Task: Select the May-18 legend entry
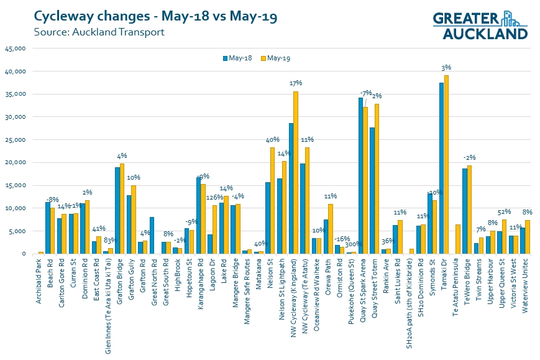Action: click(x=236, y=58)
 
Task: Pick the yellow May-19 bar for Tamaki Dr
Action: click(x=446, y=165)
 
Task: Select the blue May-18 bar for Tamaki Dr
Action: click(x=441, y=168)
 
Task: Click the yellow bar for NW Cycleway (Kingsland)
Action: click(x=296, y=173)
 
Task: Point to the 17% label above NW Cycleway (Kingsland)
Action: click(x=296, y=83)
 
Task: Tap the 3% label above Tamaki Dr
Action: click(x=446, y=67)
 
